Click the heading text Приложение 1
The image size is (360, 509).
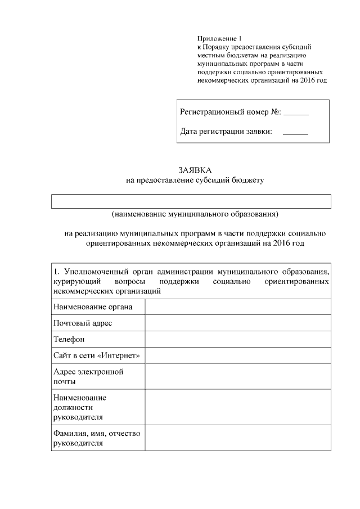point(214,38)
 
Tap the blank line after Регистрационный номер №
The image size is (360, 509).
point(296,114)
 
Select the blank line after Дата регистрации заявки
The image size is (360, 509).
point(295,133)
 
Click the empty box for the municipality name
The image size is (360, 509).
point(191,201)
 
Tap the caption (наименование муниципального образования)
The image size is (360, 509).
point(195,214)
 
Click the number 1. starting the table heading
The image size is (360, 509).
point(56,273)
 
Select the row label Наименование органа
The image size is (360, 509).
point(93,307)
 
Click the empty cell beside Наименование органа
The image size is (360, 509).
point(237,307)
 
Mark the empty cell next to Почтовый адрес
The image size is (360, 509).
point(237,323)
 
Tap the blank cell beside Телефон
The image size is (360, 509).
point(237,339)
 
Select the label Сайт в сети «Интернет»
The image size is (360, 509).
point(96,355)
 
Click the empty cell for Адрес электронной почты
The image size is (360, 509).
point(237,376)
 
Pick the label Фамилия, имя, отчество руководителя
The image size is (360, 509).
point(96,438)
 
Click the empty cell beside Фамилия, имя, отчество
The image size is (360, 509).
point(237,438)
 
